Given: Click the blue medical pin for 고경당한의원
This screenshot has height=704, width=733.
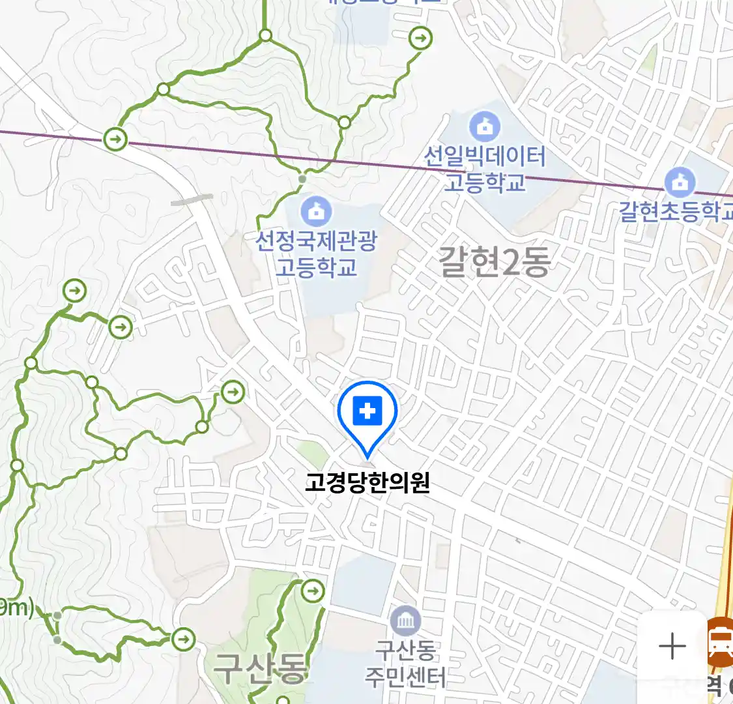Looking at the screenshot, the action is point(367,413).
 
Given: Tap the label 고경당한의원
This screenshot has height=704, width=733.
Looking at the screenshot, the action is point(367,483).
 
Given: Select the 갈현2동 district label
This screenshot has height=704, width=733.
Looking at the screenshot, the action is point(495,262).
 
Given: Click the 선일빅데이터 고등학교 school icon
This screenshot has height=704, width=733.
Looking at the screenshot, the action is point(485,126).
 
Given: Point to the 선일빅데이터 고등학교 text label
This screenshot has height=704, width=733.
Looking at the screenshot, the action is point(485,169).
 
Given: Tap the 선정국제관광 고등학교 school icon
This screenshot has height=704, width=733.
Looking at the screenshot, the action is point(316,211).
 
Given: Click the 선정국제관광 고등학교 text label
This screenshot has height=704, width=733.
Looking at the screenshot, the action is point(316,254).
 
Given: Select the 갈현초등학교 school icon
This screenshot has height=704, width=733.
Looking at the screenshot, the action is point(680,182).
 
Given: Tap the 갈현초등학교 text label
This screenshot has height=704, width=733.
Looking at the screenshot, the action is point(676,211).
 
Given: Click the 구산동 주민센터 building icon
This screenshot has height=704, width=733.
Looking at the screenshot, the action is point(406,622).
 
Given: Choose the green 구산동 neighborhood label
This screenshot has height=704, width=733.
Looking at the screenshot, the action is point(259,669).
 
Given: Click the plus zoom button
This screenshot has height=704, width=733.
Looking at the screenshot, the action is point(672,647).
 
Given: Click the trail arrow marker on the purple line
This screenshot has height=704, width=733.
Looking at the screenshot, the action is point(116,138).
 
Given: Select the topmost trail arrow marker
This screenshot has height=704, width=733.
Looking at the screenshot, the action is point(421,38).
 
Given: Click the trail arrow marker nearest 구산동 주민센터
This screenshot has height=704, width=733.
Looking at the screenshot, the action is point(313,591).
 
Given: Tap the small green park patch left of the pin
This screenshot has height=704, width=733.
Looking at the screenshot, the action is point(313,454).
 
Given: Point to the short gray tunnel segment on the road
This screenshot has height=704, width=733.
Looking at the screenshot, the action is point(192,199).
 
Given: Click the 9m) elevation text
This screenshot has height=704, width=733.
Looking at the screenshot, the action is point(16,608).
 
